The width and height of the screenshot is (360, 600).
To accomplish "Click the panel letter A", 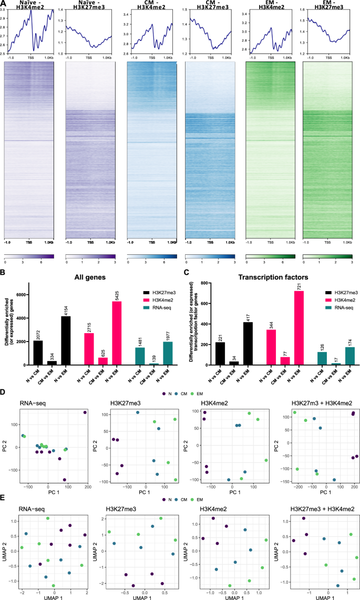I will (4, 4).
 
